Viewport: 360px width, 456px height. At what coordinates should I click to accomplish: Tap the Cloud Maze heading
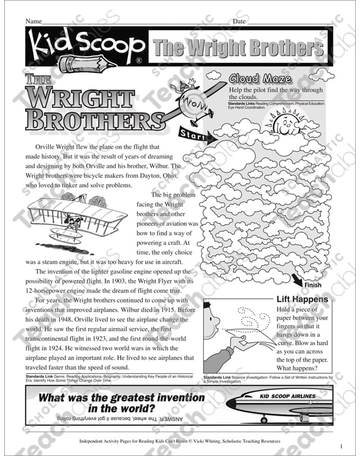260,78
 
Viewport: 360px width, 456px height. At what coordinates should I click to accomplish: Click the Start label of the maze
192,135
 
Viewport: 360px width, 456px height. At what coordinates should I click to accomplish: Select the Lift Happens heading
302,299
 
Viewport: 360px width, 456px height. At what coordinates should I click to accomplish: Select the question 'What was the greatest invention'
122,398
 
